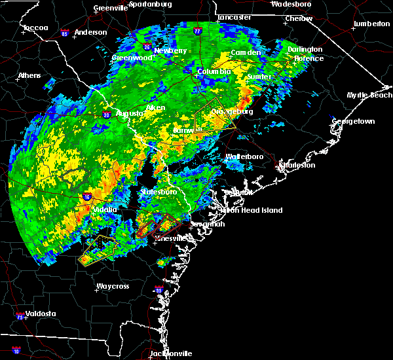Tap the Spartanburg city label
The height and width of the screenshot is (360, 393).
pos(150,4)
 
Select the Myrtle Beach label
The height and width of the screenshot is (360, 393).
pos(369,95)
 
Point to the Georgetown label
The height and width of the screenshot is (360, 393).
pos(353,122)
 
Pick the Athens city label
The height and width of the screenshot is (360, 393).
pos(29,75)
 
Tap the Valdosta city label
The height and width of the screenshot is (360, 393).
pos(37,314)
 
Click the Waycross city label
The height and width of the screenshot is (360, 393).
pos(112,286)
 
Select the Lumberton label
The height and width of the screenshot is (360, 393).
pos(371,24)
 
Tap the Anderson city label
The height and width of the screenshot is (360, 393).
pos(91,32)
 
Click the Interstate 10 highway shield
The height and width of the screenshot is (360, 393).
pos(16,351)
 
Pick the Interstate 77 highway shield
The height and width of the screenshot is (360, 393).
pos(197,30)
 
